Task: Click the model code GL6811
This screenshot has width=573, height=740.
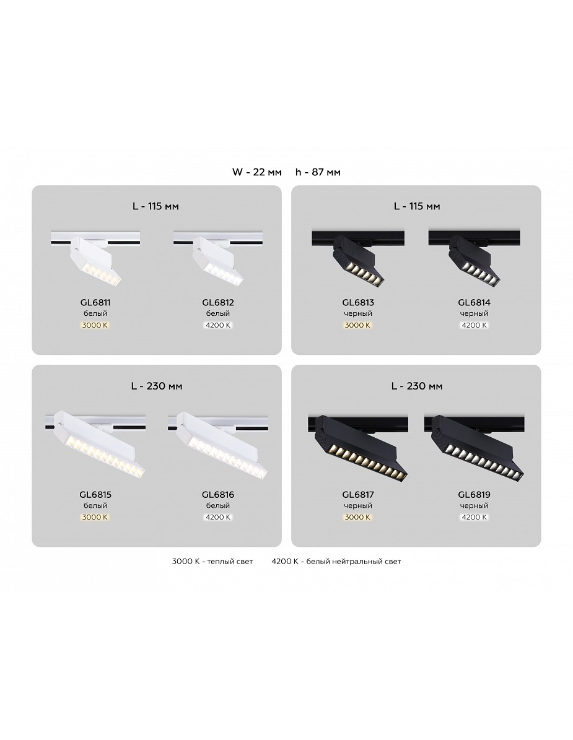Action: pyautogui.click(x=95, y=303)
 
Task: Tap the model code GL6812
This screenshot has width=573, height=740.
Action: pyautogui.click(x=218, y=303)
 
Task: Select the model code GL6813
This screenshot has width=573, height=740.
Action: pyautogui.click(x=358, y=303)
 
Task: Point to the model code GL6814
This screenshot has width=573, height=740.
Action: pyautogui.click(x=475, y=303)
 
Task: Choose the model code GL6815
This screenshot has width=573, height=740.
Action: pyautogui.click(x=95, y=495)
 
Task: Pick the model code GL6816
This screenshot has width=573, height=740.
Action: pyautogui.click(x=218, y=495)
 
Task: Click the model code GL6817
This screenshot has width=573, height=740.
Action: pyautogui.click(x=358, y=495)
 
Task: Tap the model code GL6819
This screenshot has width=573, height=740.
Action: pyautogui.click(x=475, y=495)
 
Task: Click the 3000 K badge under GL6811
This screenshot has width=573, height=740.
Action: pyautogui.click(x=95, y=325)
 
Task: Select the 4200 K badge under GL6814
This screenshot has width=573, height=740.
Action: pyautogui.click(x=475, y=325)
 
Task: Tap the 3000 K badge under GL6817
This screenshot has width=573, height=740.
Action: pyautogui.click(x=358, y=517)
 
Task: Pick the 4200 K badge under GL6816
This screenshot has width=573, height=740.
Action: pyautogui.click(x=218, y=517)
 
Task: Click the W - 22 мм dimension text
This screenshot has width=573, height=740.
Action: pyautogui.click(x=256, y=172)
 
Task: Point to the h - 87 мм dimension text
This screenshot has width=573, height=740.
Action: pyautogui.click(x=318, y=172)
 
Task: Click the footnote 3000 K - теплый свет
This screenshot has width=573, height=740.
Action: pyautogui.click(x=212, y=562)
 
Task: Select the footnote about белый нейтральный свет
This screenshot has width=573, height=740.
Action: pyautogui.click(x=336, y=562)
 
